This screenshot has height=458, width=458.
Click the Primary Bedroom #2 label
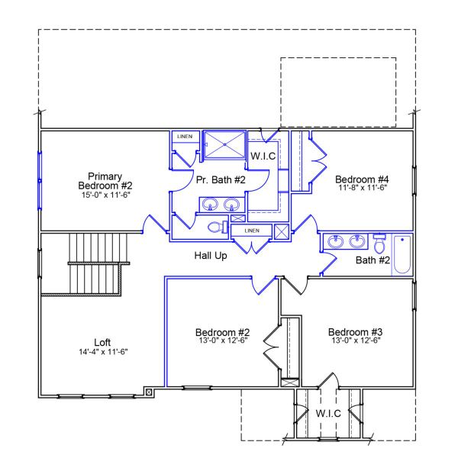105,180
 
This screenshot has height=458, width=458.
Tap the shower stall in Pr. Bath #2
225,144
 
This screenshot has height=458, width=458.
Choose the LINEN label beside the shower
185,137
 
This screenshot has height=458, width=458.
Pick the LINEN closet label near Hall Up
251,230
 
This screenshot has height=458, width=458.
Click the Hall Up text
210,256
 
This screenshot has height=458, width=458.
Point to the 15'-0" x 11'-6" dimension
105,195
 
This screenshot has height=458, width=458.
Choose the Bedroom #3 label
354,332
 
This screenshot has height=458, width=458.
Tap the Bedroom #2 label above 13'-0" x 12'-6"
222,332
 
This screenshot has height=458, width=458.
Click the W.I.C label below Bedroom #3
327,413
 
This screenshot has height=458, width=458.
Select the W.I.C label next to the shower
262,156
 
